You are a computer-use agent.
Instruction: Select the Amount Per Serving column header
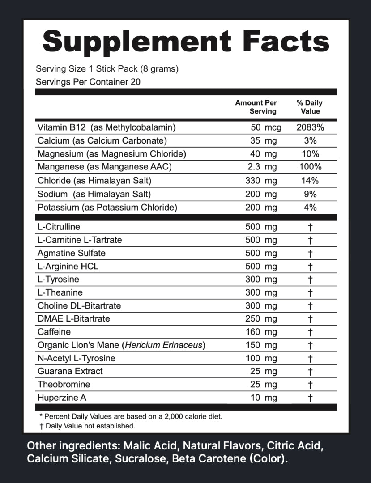256,107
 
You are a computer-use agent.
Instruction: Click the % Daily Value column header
310,107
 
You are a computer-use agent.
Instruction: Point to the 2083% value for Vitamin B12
310,127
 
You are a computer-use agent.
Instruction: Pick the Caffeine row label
54,332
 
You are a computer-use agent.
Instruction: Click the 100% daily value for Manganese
310,167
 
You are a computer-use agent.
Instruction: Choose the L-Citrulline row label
59,227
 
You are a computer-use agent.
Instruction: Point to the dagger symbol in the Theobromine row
310,385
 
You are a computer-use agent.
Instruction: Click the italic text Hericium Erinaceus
165,345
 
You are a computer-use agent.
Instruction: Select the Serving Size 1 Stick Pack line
107,69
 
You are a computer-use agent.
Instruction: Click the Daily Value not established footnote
87,426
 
